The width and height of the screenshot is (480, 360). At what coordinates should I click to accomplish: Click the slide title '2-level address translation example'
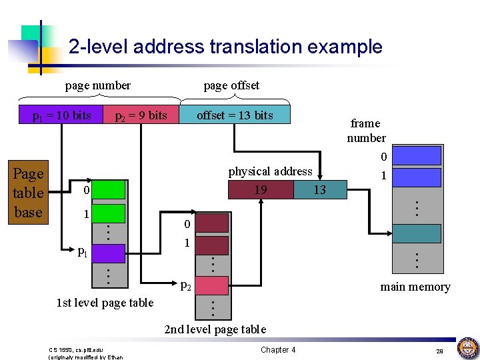[x=225, y=47]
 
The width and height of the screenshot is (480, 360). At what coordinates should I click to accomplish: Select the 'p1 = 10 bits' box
[x=62, y=115]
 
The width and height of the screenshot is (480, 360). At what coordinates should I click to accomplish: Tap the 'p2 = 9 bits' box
[x=141, y=115]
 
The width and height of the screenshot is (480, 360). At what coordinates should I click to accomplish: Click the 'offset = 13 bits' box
[x=235, y=115]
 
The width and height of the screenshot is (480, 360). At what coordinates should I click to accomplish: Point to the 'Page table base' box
[x=28, y=193]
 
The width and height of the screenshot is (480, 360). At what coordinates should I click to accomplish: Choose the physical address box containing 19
[x=260, y=190]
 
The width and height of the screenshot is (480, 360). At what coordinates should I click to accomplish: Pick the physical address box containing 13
[x=320, y=190]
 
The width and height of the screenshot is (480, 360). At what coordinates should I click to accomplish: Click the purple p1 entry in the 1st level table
[x=113, y=253]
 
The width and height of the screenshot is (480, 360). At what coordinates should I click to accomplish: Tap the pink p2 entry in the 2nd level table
[x=213, y=285]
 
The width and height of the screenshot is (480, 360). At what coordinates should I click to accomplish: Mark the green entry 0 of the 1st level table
[x=113, y=190]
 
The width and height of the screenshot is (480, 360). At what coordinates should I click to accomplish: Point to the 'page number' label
[x=97, y=85]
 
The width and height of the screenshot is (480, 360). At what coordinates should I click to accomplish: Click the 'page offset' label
[x=231, y=85]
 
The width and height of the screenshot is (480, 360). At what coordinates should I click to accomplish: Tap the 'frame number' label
[x=366, y=131]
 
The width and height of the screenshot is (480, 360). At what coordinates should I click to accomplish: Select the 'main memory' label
[x=415, y=287]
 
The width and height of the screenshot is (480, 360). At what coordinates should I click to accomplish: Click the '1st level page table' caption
[x=105, y=303]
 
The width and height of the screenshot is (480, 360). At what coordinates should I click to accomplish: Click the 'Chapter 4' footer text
[x=278, y=350]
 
